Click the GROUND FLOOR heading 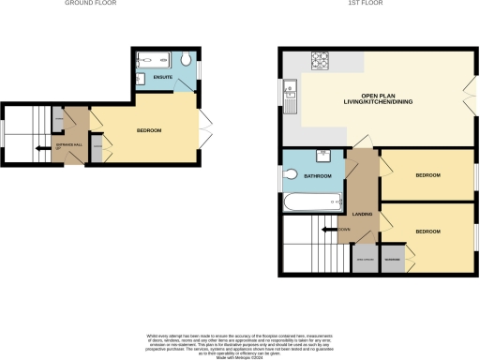[x=84, y=4]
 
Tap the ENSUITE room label [x=163, y=78]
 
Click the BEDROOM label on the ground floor [x=150, y=130]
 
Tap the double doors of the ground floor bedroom [x=205, y=131]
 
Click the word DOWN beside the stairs [x=344, y=229]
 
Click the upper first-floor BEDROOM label [x=428, y=175]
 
